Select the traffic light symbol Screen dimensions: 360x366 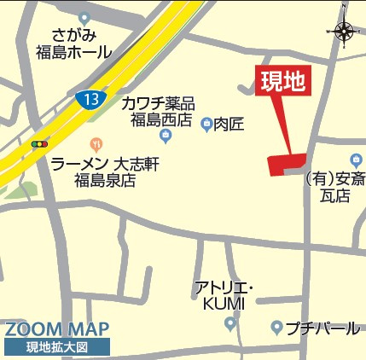pos(40,144)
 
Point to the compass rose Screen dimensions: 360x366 pos(345,32)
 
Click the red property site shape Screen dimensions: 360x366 pos(286,164)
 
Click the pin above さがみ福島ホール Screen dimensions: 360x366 pos(84,18)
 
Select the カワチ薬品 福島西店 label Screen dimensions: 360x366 pos(159,111)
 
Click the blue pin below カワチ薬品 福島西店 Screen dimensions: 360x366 pos(165,136)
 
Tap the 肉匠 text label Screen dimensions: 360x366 pos(229,125)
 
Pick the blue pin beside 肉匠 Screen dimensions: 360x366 pos(206,125)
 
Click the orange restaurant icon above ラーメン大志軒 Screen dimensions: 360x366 pos(96,145)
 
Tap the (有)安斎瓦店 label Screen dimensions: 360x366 pos(334,188)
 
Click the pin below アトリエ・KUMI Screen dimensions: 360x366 pos(229,323)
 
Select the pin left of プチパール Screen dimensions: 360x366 pos(276,328)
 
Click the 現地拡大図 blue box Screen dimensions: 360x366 pos(57,348)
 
